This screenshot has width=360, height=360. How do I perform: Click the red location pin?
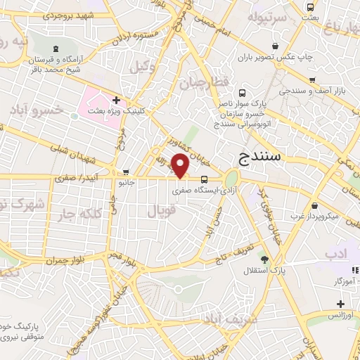[181, 165]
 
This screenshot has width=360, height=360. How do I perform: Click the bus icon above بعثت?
[310, 7]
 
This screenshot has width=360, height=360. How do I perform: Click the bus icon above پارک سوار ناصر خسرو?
[243, 93]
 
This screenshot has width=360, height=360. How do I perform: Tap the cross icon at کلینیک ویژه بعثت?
[125, 101]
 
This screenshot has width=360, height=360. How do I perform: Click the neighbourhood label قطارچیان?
[214, 83]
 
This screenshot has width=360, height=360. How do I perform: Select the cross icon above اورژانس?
[340, 304]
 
